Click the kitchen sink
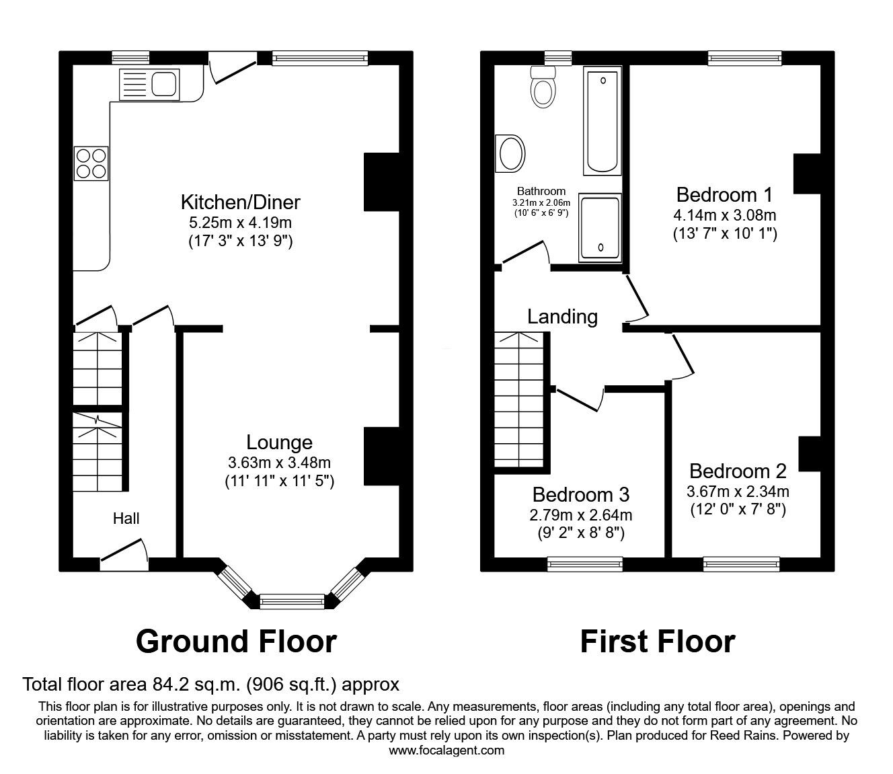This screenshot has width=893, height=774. [x=149, y=85]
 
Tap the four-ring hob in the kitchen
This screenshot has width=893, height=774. [x=91, y=163]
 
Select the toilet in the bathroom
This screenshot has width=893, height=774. [x=543, y=89]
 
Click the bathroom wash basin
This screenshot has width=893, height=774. [x=510, y=153]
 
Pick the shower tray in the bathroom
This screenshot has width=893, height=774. [x=600, y=227]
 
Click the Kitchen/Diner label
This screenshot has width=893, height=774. [x=240, y=202]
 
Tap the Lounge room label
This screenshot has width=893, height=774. [x=279, y=442]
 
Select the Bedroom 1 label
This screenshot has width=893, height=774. [x=724, y=195]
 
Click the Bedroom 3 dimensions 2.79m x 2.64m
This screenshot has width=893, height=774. [x=580, y=515]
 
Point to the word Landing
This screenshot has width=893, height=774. [x=562, y=316]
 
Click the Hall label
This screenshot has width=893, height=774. [x=126, y=518]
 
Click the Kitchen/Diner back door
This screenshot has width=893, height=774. [x=233, y=70]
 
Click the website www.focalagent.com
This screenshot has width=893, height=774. [x=446, y=750]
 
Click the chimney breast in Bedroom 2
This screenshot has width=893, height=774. [x=810, y=454]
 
